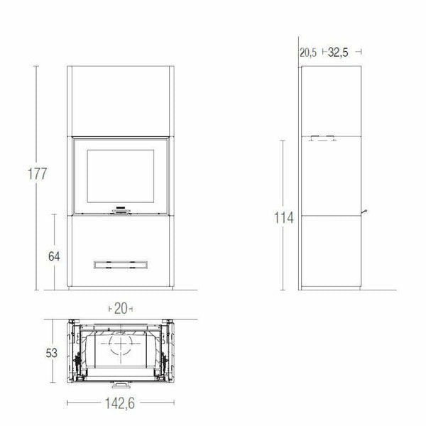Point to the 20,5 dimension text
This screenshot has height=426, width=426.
tap(308, 52)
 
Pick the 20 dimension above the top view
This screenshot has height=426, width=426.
tap(120, 308)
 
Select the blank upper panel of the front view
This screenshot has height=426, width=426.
tap(121, 99)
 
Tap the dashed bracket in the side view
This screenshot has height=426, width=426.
tap(324, 138)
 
